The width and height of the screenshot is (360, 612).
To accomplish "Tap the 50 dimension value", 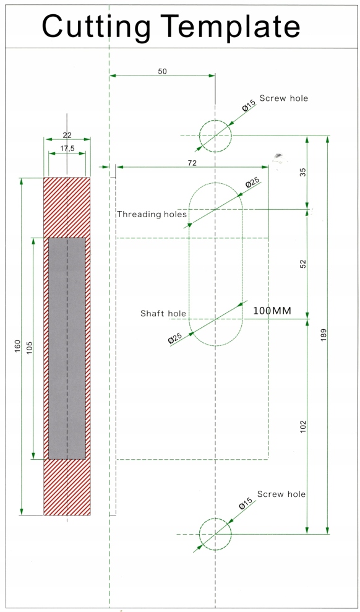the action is (x=162, y=71).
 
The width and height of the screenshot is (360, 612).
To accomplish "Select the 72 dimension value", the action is (x=192, y=163).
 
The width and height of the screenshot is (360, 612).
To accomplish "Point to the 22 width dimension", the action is (x=67, y=135).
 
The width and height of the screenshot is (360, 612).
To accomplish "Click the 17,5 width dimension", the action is (x=67, y=149).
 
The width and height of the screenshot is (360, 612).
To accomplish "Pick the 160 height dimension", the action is (x=17, y=346).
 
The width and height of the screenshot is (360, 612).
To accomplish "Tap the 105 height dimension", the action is (x=30, y=348).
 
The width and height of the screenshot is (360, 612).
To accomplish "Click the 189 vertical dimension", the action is (x=324, y=335).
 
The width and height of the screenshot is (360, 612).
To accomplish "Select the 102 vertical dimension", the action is (x=304, y=426).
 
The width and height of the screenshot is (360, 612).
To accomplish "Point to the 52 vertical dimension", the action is (x=304, y=264).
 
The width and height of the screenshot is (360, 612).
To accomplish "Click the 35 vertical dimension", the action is (x=304, y=172).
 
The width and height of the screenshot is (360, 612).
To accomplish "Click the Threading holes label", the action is (x=152, y=214).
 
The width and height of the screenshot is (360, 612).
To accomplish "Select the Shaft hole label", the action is (x=163, y=313).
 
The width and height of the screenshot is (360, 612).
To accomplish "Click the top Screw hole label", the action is (x=283, y=98).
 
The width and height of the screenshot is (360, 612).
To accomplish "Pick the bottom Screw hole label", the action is (x=281, y=494).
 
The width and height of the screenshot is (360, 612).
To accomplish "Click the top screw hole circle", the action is (x=215, y=120).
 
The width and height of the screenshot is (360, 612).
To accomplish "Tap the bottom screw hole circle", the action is (x=215, y=519).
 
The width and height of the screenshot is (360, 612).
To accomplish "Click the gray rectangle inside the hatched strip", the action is (x=67, y=348).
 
